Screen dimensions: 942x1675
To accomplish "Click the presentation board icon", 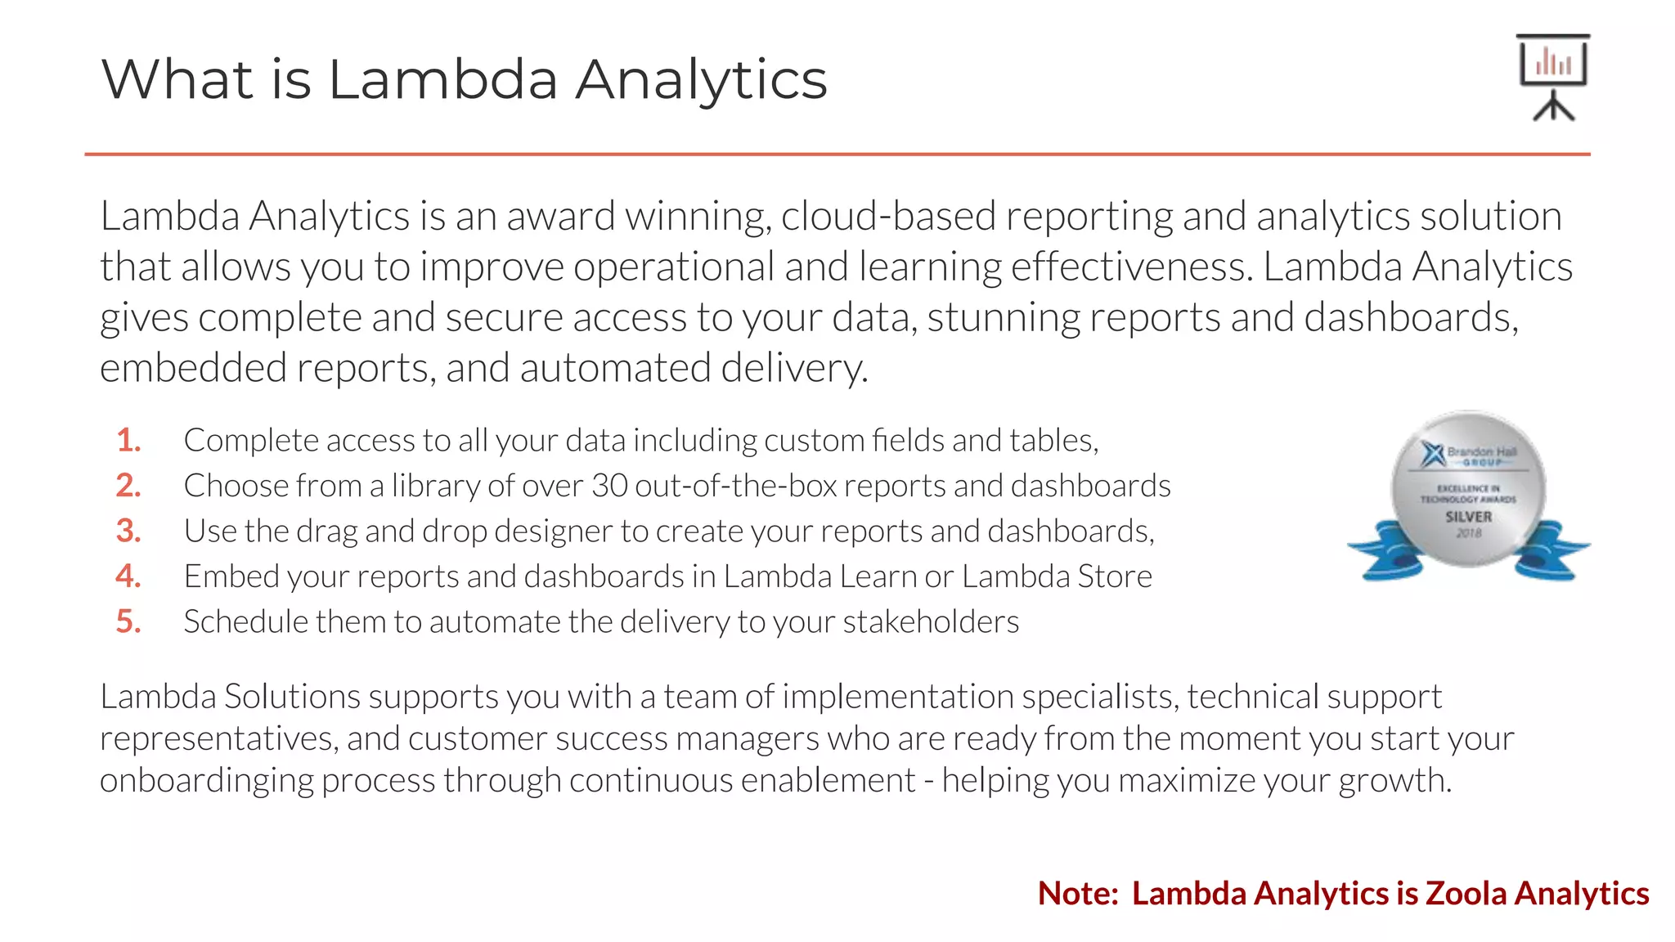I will point(1552,77).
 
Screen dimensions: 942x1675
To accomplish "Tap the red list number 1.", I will point(128,440).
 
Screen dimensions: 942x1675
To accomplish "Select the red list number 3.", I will point(128,531).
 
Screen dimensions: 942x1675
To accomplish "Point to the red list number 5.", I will point(128,621).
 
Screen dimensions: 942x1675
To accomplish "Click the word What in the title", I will point(177,79).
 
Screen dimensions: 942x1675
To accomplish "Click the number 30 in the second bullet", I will point(609,486).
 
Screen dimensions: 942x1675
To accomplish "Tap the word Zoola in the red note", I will point(1466,893).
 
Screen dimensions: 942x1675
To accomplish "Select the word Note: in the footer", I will point(1078,893).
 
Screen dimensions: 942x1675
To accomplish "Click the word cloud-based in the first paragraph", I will point(888,217).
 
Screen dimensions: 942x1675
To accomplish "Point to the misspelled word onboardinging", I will point(207,780).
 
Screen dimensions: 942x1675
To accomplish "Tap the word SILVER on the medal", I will point(1468,517).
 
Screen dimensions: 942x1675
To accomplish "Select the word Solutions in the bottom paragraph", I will point(292,697).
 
